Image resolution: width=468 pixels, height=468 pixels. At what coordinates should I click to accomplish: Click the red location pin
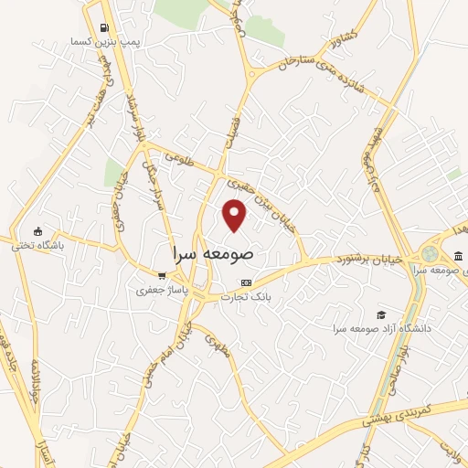click(235, 215)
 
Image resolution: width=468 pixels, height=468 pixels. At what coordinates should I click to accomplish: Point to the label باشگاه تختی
click(37, 245)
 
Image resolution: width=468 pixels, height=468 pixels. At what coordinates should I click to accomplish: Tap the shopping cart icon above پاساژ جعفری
click(162, 276)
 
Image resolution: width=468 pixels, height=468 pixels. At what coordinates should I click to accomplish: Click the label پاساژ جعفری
click(161, 291)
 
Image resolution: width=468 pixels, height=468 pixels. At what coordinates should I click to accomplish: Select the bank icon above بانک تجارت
click(245, 282)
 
